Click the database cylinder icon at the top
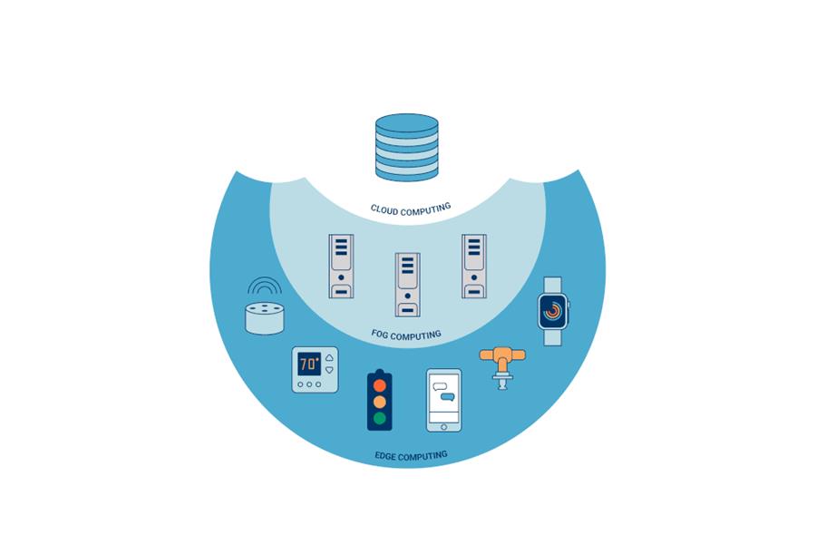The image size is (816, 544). point(407,147)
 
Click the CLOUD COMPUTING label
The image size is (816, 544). point(410,209)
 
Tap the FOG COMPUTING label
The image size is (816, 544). point(406,335)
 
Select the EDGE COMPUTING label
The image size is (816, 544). point(411,455)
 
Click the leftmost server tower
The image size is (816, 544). point(341,267)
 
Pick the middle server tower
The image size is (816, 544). point(407,284)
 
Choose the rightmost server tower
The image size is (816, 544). point(473,267)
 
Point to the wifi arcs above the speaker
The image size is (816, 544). point(265,286)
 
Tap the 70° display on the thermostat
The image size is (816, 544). point(309,364)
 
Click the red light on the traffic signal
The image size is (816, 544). point(379,385)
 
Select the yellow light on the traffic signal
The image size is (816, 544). point(379,402)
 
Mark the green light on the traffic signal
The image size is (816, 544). point(379,418)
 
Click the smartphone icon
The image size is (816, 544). point(443,400)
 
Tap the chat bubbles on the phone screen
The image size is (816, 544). point(443,392)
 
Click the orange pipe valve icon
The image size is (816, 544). point(501,362)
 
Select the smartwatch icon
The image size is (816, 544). point(552,311)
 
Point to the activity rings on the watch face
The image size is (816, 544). point(552,311)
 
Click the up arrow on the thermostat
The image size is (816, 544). point(328,358)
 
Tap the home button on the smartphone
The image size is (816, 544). point(443,424)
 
